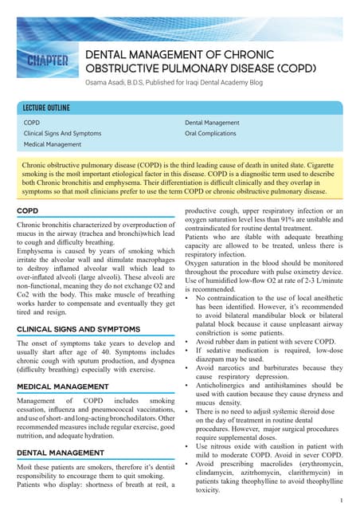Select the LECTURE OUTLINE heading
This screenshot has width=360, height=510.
(46, 108)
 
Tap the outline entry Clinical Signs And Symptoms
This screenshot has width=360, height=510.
(62, 134)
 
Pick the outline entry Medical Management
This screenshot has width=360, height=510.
(53, 145)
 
